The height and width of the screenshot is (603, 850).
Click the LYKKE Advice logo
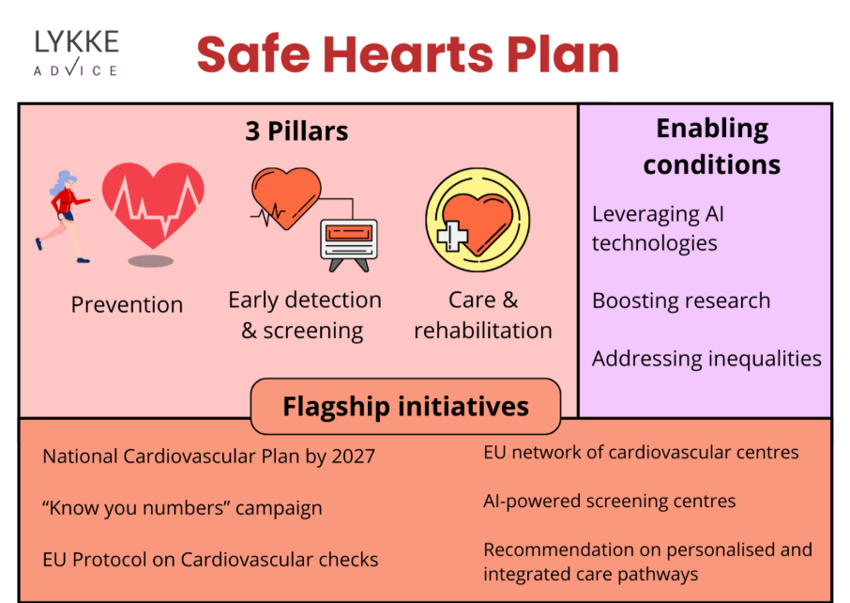[x=76, y=53]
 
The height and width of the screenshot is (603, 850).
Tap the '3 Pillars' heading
[x=296, y=131]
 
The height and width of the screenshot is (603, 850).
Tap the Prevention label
[x=127, y=304]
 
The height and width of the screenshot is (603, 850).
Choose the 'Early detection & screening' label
[x=304, y=315]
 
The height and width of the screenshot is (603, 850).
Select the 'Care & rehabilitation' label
[x=482, y=315]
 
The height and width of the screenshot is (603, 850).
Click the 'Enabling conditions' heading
[x=712, y=147]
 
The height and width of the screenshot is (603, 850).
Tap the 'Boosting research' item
[x=681, y=301]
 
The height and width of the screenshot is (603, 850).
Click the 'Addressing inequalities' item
[x=706, y=358]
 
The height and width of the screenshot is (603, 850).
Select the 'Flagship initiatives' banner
[x=405, y=407]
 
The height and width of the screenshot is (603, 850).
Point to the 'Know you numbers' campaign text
[x=182, y=508]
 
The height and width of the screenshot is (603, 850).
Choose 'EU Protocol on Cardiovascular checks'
[x=210, y=560]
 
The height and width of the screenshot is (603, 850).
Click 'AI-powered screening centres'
[x=610, y=502]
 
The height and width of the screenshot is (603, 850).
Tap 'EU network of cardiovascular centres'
[x=641, y=452]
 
